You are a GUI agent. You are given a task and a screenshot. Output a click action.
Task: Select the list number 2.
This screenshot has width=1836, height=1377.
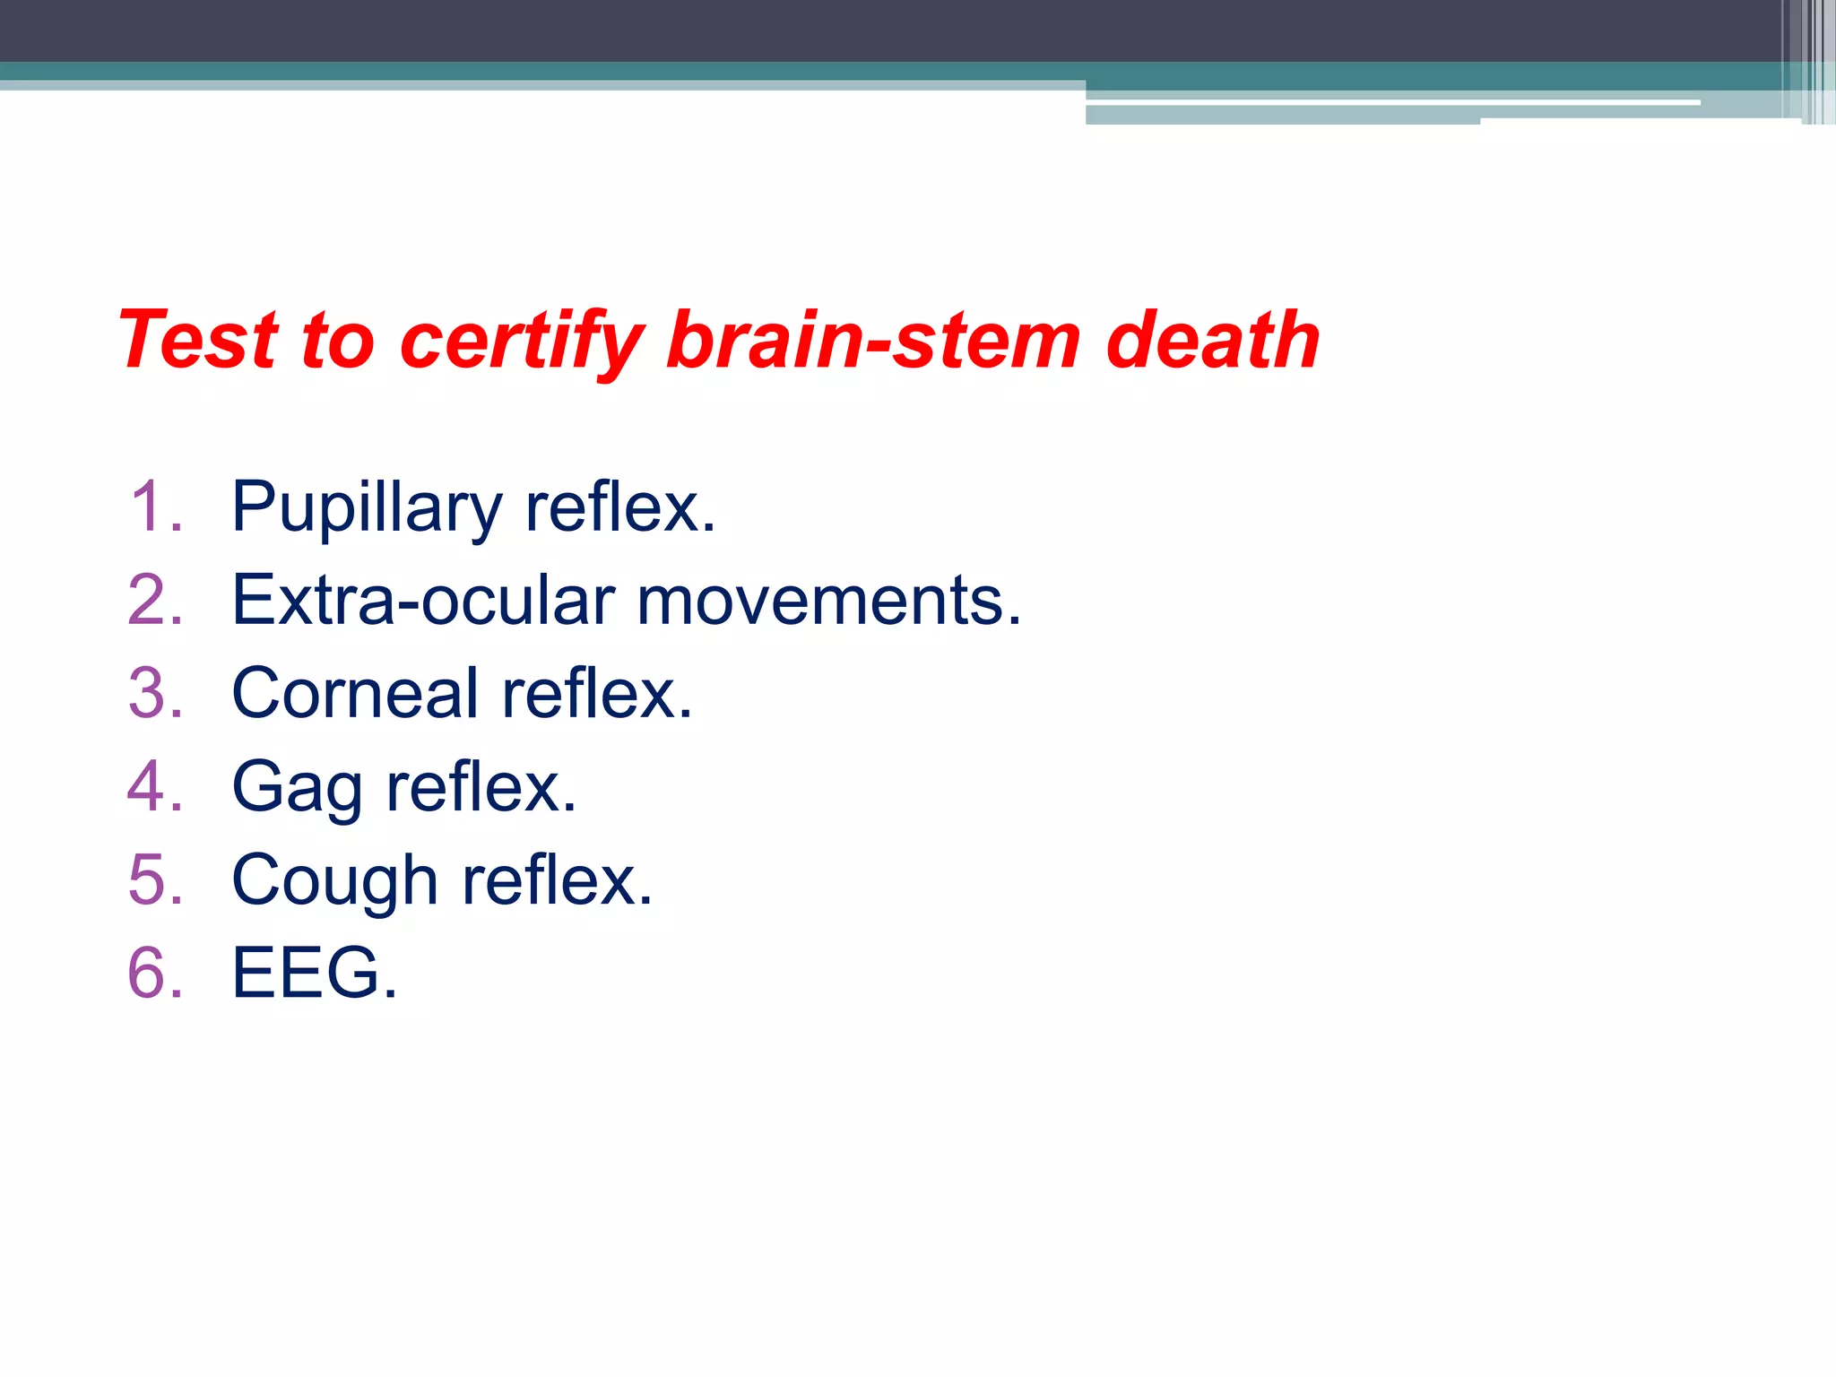154,600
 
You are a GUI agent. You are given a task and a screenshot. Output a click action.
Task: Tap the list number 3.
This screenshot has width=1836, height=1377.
154,693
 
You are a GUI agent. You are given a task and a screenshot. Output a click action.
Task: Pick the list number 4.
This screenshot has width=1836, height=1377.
154,786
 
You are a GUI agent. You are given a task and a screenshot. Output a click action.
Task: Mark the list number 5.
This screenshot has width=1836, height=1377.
154,879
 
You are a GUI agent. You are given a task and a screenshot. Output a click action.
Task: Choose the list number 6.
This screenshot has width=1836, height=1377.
154,973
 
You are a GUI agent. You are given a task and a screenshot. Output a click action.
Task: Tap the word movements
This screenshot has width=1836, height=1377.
827,600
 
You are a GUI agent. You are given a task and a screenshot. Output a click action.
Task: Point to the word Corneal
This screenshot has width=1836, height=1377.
355,693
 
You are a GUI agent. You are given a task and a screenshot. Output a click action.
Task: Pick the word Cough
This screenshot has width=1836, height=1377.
334,881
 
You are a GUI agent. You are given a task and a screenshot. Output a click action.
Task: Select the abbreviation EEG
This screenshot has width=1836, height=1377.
306,973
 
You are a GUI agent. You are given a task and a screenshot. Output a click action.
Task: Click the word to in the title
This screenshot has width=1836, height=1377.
338,341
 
